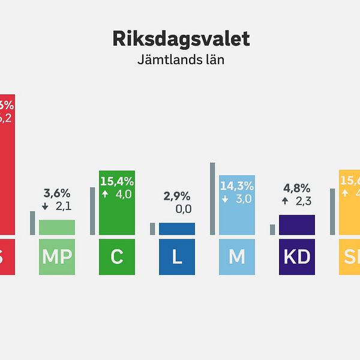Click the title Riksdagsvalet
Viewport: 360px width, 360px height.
(181, 39)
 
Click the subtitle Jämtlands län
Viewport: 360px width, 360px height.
(181, 61)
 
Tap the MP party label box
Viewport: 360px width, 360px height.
(57, 257)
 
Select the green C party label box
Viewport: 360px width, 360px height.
(117, 257)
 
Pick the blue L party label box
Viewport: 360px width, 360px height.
(177, 257)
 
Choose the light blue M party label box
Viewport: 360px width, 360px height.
(237, 257)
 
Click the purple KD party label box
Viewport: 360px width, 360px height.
(297, 257)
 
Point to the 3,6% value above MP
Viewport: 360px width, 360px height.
(57, 193)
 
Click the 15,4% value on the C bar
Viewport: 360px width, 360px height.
(117, 181)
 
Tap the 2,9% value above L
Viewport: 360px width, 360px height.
(177, 196)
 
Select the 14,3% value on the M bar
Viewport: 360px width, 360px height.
(237, 186)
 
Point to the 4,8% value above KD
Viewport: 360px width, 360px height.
(297, 187)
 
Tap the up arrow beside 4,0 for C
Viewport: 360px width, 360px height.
(105, 194)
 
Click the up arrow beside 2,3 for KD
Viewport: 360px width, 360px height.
(285, 201)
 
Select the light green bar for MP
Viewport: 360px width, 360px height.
(57, 227)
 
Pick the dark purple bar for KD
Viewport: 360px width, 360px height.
(297, 224)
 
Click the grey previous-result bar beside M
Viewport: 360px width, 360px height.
(212, 198)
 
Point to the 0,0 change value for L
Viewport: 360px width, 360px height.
(183, 209)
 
